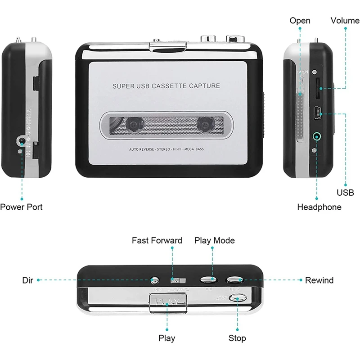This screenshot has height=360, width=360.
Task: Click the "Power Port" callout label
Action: pos(21,207)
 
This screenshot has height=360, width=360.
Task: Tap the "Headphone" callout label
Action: pos(319,207)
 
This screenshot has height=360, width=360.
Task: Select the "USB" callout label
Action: pos(345,193)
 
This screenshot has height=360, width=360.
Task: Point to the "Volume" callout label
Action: pos(345,21)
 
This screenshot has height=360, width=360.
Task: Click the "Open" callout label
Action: pos(300,21)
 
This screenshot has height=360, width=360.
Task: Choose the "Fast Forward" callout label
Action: pos(157,240)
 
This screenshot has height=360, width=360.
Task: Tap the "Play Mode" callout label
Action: pos(214,240)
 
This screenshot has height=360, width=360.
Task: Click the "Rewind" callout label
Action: pos(319,280)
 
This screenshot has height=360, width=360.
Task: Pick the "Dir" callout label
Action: pos(28,280)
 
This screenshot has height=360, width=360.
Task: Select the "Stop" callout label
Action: pos(237,338)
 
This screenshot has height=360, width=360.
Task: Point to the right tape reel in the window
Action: pos(204,123)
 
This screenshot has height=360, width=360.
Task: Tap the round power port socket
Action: pos(21,142)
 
